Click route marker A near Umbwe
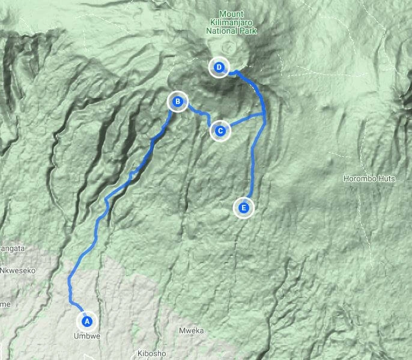click(x=86, y=320)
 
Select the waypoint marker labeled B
click(x=178, y=102)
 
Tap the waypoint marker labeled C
click(x=220, y=130)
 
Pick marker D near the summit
click(x=219, y=67)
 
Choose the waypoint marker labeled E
click(x=243, y=209)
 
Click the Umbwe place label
click(x=86, y=337)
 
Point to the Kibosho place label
click(x=151, y=353)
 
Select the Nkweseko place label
click(x=18, y=270)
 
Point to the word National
click(x=222, y=29)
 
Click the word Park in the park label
click(x=247, y=29)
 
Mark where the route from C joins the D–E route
click(x=265, y=114)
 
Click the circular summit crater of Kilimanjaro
click(x=229, y=48)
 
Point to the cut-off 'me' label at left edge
click(x=5, y=304)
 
